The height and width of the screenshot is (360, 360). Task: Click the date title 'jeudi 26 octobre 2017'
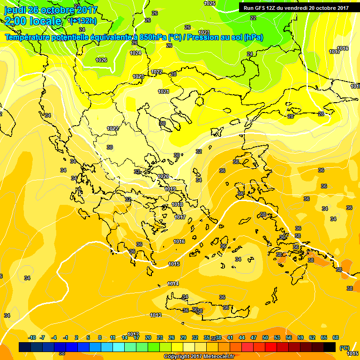pyautogui.click(x=51, y=10)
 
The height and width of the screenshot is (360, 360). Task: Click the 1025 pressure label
pyautogui.click(x=210, y=3)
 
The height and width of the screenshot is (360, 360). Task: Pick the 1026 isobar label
pyautogui.click(x=101, y=60)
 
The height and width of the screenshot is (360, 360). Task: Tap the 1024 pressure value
pyautogui.click(x=135, y=53)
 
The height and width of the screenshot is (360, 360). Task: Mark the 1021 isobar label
pyautogui.click(x=164, y=91)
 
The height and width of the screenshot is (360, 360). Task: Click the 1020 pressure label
pyautogui.click(x=163, y=176)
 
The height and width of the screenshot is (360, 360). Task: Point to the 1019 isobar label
pyautogui.click(x=170, y=189)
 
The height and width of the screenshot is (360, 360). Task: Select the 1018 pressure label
pyautogui.click(x=177, y=204)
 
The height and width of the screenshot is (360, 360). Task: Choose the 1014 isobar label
pyautogui.click(x=173, y=284)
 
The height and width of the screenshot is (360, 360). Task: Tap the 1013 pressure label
pyautogui.click(x=156, y=315)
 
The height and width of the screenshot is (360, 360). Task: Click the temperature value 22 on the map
pyautogui.click(x=253, y=18)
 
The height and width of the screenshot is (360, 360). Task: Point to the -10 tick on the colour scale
pyautogui.click(x=32, y=337)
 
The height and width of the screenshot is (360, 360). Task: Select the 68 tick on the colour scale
pyautogui.click(x=336, y=337)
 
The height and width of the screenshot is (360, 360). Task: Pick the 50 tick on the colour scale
pyautogui.click(x=265, y=337)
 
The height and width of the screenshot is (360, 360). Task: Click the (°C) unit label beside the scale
pyautogui.click(x=344, y=347)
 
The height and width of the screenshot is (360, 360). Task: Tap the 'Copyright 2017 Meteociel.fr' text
pyautogui.click(x=198, y=356)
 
